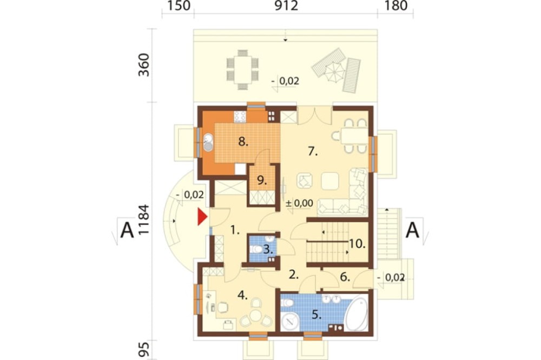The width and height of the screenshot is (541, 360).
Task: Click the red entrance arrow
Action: point(202,217)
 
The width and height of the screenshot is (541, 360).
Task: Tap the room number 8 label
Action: point(243,142)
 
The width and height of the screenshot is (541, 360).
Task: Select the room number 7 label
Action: point(313,151)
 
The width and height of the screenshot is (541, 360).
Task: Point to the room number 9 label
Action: point(262,181)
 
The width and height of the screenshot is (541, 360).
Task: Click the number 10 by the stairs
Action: point(357,244)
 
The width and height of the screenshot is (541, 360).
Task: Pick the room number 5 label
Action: point(316,315)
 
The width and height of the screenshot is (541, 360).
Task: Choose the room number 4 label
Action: point(242,295)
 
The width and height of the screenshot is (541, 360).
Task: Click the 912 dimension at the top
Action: point(286,5)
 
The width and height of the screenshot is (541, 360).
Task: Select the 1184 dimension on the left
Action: point(143,219)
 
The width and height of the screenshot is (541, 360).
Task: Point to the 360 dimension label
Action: point(143,65)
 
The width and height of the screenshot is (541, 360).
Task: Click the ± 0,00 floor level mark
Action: point(300,203)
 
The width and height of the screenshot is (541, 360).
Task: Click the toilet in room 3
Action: point(256,249)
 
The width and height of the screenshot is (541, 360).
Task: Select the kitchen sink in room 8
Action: point(208,142)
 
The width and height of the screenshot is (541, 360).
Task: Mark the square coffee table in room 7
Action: point(330,181)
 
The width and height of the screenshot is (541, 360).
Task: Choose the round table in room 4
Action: point(256,315)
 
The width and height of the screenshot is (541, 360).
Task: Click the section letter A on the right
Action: point(412,230)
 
